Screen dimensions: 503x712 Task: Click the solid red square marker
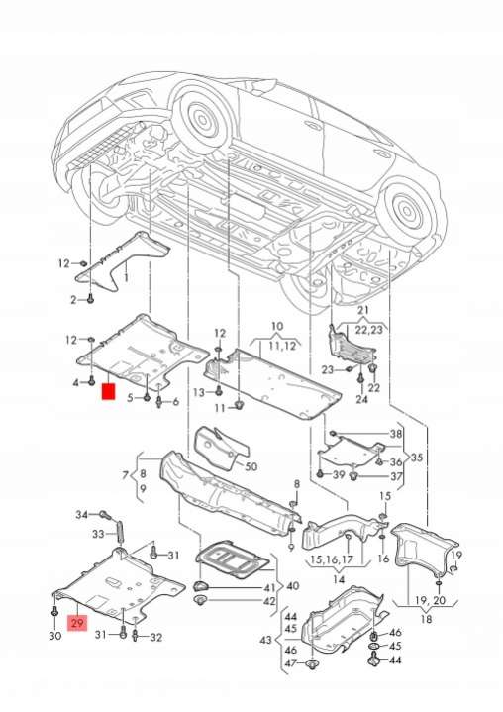pos(109,391)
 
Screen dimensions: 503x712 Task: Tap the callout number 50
pos(251,466)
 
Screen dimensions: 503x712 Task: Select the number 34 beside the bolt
pos(82,515)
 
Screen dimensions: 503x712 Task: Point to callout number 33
pos(98,534)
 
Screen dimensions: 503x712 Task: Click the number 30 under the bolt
pos(54,636)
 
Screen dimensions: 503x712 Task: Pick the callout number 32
pos(155,637)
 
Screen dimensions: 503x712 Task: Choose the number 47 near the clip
pos(291,663)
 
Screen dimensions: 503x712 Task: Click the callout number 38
pos(396,434)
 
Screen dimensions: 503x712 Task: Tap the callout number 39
pos(339,475)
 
